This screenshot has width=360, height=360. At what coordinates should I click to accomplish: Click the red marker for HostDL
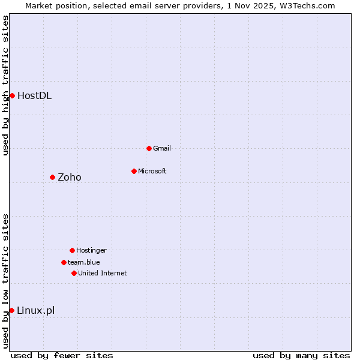click(x=12, y=95)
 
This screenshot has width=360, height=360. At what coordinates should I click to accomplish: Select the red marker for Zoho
click(x=52, y=177)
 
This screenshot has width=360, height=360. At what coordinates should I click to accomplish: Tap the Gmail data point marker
click(x=149, y=148)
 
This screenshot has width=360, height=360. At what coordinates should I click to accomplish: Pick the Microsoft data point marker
click(x=134, y=171)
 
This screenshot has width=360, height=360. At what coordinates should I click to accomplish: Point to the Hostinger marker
click(x=72, y=250)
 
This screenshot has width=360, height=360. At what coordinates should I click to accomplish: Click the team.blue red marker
click(x=64, y=262)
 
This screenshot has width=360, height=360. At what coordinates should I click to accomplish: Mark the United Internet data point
click(x=74, y=273)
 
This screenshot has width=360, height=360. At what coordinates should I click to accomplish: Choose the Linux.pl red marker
click(x=11, y=310)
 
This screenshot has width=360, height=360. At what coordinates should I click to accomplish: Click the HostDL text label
click(x=34, y=95)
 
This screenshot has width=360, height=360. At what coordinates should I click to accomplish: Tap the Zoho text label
click(x=69, y=177)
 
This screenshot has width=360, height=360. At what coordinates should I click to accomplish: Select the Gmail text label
click(x=162, y=148)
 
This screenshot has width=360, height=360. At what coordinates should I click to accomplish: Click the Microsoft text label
click(x=152, y=171)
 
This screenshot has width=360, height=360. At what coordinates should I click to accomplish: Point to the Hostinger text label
click(x=91, y=250)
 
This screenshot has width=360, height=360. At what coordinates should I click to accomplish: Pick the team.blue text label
click(x=83, y=262)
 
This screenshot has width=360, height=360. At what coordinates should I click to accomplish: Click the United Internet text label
click(x=102, y=273)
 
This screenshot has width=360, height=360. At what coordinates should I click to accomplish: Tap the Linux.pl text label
click(x=35, y=310)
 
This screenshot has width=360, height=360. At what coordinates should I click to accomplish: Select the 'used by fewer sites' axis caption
click(x=62, y=355)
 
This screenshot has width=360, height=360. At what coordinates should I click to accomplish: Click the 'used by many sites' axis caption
click(x=301, y=355)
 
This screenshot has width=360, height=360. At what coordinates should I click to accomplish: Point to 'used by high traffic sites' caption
click(x=5, y=85)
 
